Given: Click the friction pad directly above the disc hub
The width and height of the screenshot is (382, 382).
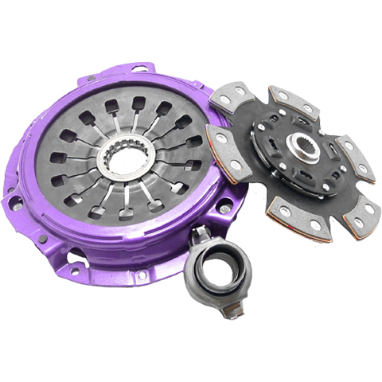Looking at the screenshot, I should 291,99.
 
